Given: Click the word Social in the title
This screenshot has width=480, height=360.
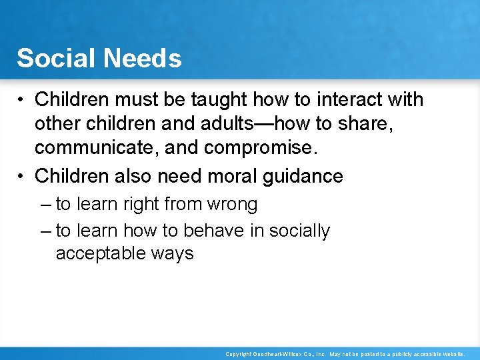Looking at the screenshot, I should click(x=55, y=59).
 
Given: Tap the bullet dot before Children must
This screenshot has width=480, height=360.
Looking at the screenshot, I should click(x=22, y=100).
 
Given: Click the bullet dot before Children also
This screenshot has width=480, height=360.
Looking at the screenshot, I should click(x=22, y=177).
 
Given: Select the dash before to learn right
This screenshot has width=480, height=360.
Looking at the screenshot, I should click(x=45, y=204).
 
